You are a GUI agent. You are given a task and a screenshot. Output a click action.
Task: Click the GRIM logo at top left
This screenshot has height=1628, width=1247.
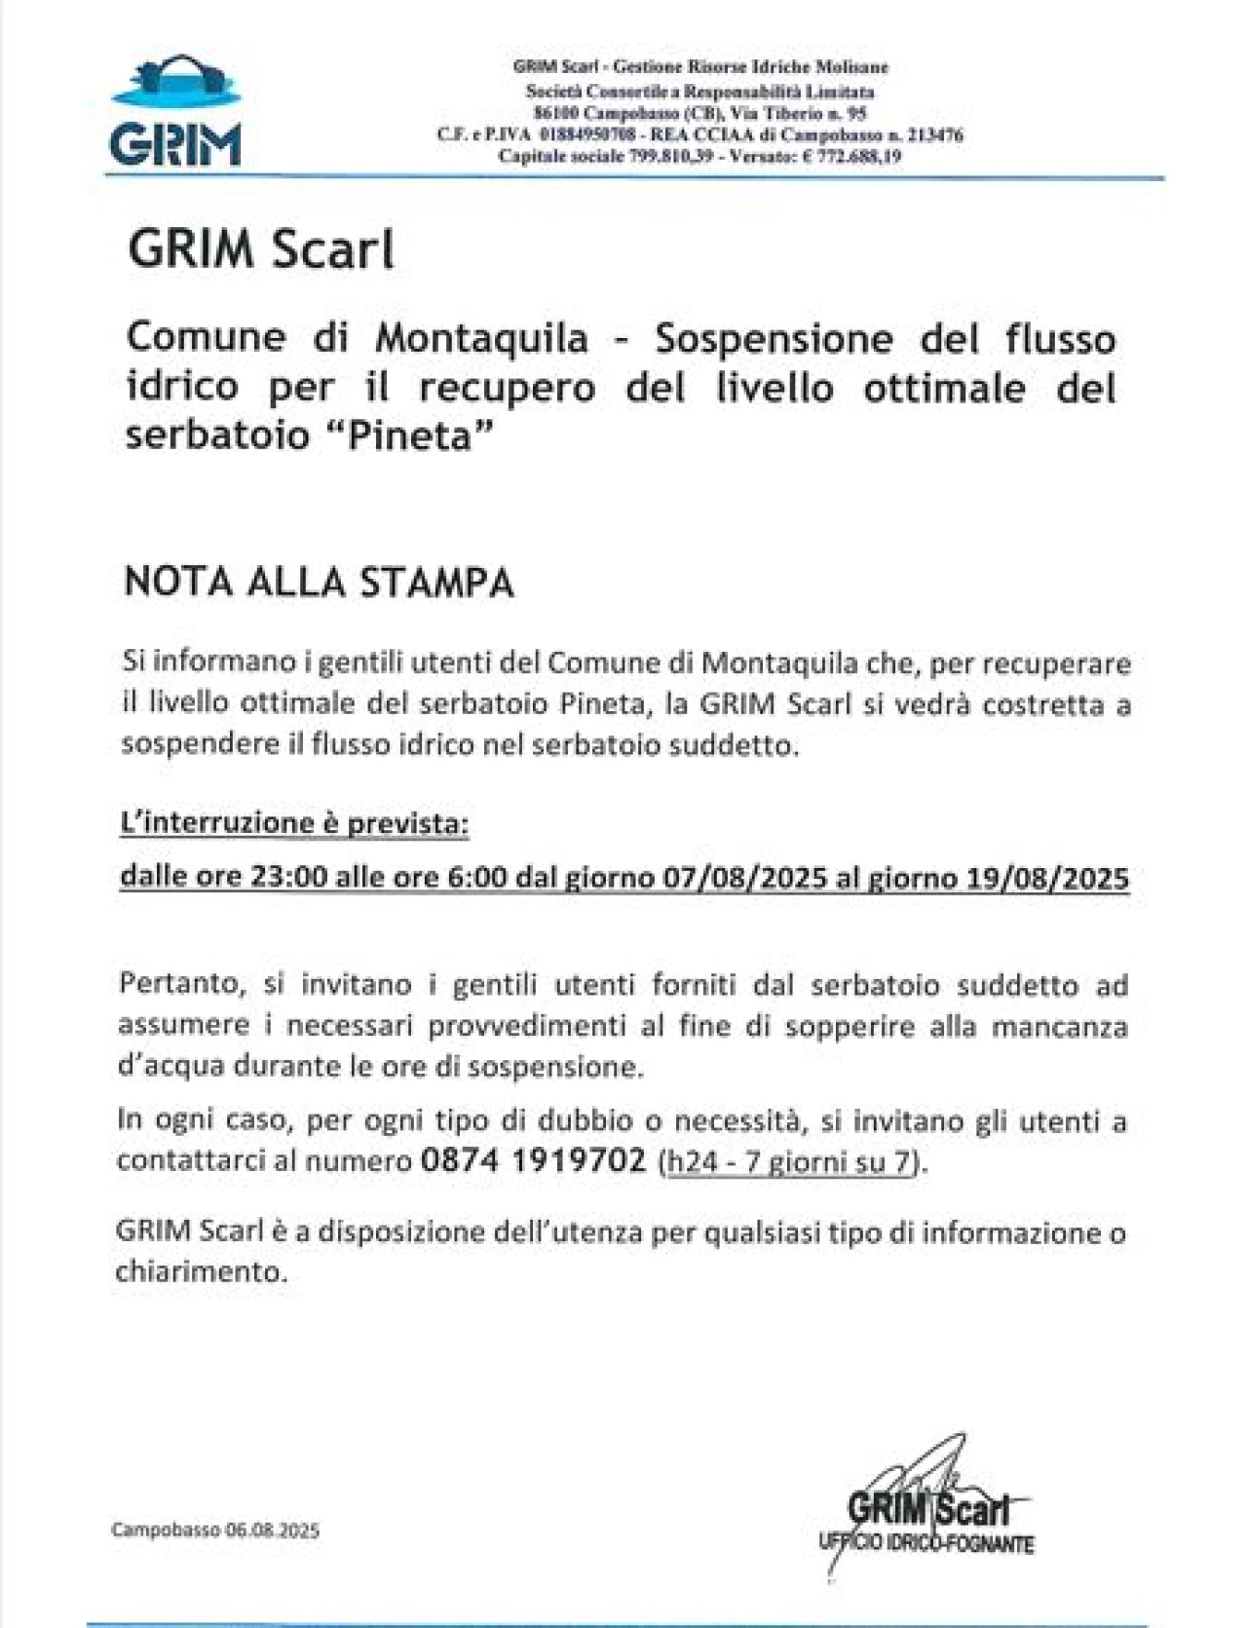point(175,112)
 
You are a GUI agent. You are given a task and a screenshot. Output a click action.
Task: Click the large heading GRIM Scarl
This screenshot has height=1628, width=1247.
point(261,249)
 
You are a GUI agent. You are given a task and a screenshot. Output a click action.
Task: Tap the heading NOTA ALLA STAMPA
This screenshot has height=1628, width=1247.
point(319,582)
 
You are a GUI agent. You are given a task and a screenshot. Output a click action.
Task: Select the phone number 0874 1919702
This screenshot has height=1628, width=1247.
point(534,1160)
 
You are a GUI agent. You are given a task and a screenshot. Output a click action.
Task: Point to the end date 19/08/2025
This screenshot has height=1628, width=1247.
point(1048,878)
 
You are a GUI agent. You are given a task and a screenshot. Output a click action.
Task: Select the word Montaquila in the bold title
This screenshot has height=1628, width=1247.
point(482,338)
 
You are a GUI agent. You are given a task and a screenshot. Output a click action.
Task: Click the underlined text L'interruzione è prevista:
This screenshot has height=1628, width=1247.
point(294,824)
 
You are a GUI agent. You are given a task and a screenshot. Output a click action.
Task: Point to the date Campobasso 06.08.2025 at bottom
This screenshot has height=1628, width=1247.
point(215,1530)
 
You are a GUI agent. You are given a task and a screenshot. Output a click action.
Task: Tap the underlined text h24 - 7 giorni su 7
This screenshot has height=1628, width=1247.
point(789,1162)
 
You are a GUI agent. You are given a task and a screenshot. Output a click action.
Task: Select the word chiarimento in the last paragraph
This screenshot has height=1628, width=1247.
point(201,1271)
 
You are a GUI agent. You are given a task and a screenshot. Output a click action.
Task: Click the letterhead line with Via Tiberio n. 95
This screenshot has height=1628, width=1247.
point(700,113)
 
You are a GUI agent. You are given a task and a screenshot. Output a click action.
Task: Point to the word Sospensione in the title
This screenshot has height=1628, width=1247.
point(774,338)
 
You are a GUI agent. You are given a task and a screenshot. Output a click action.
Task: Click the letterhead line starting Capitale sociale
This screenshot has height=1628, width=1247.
point(699,156)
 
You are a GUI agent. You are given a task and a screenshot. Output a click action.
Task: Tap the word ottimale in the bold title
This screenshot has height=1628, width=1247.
point(945,388)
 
